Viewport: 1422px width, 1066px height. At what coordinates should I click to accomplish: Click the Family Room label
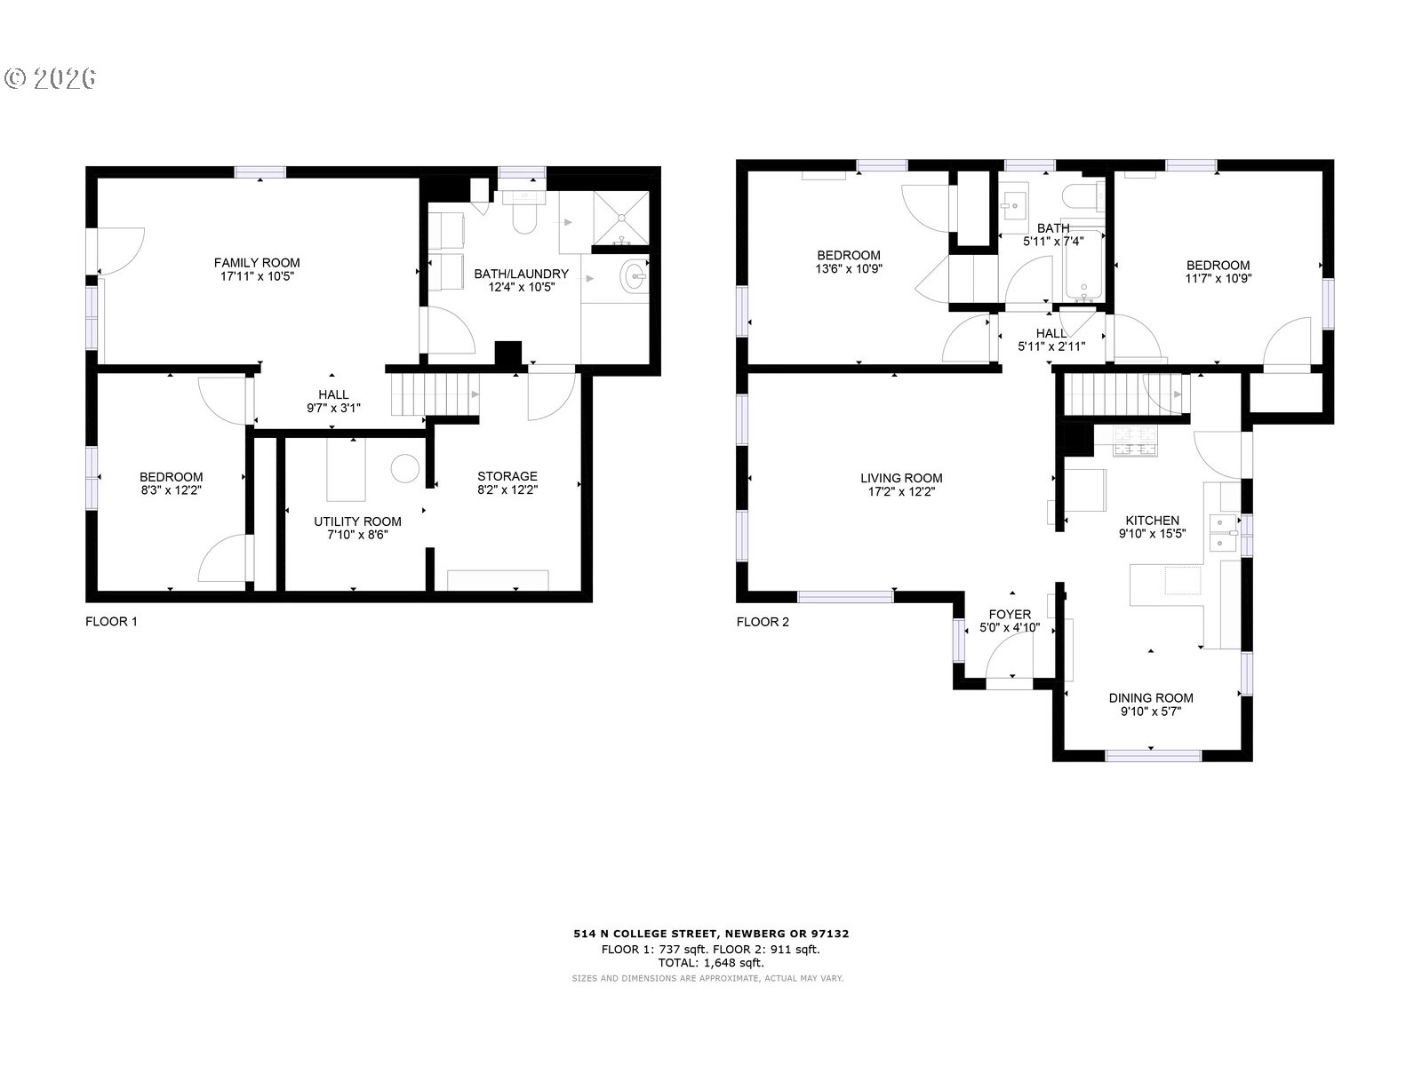tap(257, 263)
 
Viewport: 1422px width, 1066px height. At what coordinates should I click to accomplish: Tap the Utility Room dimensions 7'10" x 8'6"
tap(357, 535)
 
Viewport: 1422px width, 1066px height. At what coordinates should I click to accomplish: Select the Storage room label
tap(507, 476)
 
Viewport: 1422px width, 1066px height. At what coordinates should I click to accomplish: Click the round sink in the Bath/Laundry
tap(634, 276)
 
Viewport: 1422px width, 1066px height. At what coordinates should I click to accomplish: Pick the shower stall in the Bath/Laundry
tap(620, 219)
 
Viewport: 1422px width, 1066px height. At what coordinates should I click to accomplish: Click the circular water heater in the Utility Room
tap(405, 469)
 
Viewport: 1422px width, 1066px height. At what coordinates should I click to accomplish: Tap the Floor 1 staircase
tap(434, 394)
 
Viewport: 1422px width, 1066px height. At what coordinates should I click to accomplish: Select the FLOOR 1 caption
tap(111, 622)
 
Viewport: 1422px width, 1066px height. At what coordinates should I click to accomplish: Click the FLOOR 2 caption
tap(763, 622)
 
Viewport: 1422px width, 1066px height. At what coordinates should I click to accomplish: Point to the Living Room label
tap(901, 478)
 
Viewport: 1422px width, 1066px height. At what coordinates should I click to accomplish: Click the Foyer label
tap(1010, 614)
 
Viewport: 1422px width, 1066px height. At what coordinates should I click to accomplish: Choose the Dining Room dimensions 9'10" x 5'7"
tap(1151, 712)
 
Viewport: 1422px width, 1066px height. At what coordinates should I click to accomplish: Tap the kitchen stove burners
tap(1135, 442)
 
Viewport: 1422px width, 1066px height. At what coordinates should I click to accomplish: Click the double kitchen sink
tap(1224, 533)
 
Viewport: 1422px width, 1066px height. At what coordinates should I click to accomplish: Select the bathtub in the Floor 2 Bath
tap(1083, 266)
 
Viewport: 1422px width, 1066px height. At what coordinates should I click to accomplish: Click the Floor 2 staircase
tap(1126, 394)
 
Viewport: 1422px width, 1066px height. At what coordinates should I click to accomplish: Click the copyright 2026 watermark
tap(51, 78)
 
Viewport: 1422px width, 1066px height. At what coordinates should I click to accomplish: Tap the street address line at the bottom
tap(711, 934)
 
